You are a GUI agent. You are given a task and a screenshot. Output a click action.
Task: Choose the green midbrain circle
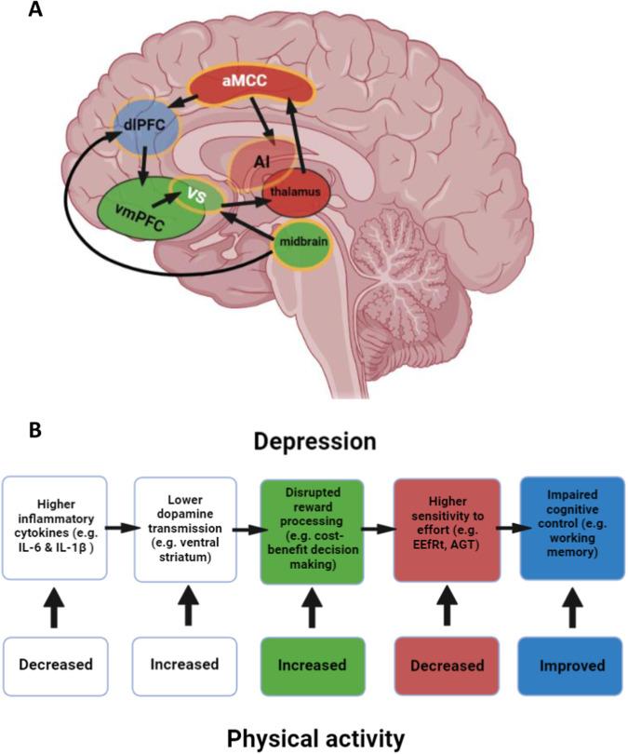click(300, 243)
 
